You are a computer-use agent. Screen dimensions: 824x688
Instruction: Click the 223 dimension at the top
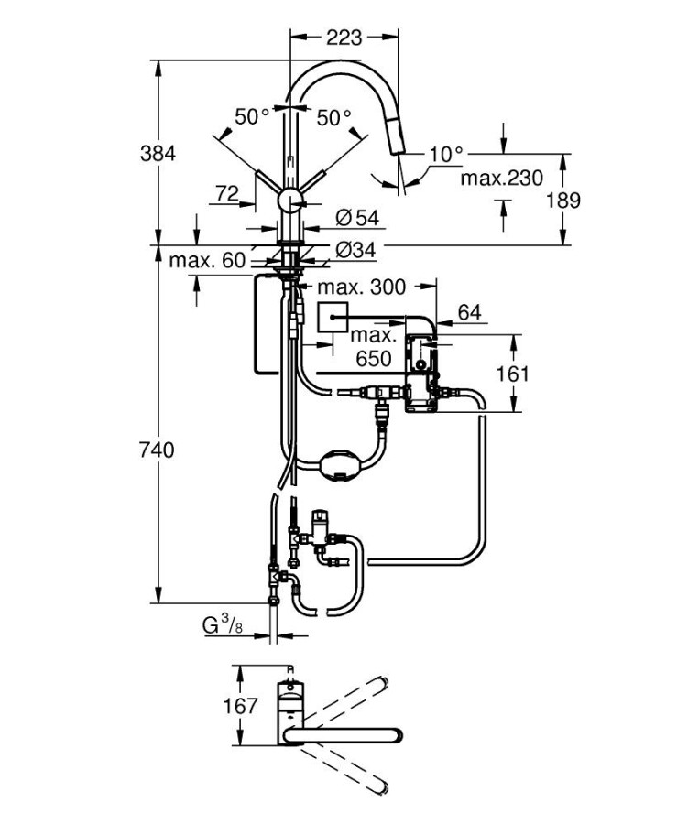pos(344,38)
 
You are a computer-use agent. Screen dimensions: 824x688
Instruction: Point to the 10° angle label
pos(446,155)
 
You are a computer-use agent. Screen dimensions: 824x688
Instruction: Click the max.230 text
pos(501,178)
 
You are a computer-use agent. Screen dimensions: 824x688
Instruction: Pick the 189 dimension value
pos(563,201)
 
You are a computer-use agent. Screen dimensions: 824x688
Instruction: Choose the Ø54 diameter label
pos(357,218)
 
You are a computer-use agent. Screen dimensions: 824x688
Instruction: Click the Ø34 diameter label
pos(357,248)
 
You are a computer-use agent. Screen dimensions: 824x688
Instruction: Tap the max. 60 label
pos(207,260)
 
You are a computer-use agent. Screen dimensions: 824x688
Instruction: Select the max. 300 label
pos(362,287)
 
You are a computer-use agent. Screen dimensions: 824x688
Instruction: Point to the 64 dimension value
pos(469,312)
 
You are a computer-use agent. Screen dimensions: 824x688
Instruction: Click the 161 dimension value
pos(513,374)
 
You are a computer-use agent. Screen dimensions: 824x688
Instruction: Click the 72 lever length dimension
pos(228,193)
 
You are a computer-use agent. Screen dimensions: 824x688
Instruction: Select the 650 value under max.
pos(374,358)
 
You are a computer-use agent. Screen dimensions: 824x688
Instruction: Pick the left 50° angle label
pos(253,117)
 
